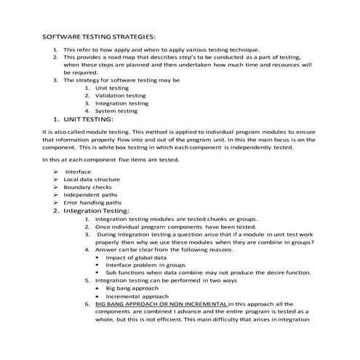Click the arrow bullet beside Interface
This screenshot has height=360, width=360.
click(55, 172)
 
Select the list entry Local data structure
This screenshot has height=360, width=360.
click(92, 179)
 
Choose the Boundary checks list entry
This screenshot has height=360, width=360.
click(87, 187)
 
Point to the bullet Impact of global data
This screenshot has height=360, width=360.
click(136, 257)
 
